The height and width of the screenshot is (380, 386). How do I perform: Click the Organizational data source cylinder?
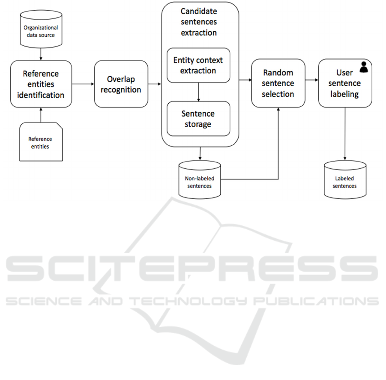point(41,29)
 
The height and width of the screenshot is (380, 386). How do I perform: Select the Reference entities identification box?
point(41,84)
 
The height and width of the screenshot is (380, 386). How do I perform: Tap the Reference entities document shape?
point(41,142)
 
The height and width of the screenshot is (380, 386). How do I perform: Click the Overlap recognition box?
point(121,84)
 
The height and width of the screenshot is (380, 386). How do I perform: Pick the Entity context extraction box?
point(198,65)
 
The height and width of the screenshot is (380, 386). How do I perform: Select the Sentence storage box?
point(198,119)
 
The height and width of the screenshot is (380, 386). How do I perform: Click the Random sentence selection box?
point(278,83)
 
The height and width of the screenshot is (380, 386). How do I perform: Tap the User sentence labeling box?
point(345,83)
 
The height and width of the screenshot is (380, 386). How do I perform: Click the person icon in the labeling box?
point(364,67)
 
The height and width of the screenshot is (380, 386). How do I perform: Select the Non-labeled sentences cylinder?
point(200,180)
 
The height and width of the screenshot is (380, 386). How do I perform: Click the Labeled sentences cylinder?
point(345,180)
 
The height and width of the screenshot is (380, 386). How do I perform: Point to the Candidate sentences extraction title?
point(199,22)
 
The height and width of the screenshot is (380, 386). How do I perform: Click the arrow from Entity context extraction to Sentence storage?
point(198,92)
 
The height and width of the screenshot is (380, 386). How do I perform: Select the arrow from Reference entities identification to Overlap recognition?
point(83,84)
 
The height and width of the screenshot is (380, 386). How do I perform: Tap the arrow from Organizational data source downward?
point(41,54)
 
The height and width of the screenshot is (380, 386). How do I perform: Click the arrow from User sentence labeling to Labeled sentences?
point(345,134)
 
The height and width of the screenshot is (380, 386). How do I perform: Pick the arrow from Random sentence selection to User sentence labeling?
point(311,80)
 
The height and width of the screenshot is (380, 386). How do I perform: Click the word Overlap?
point(121,79)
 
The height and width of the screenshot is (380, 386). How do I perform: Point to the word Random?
point(278,72)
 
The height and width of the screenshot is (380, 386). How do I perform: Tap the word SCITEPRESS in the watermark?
point(192,268)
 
